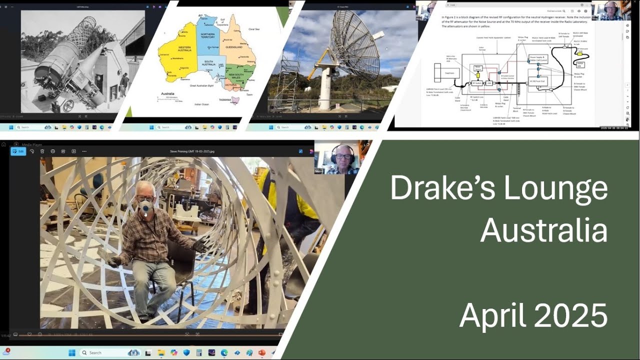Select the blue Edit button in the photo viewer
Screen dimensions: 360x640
click(x=18, y=151)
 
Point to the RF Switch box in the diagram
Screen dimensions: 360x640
click(x=476, y=82)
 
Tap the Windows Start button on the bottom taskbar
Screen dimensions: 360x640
click(x=72, y=352)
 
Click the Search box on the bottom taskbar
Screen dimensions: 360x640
click(x=102, y=352)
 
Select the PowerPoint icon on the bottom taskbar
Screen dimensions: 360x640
click(x=261, y=352)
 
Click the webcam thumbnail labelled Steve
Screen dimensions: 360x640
click(x=336, y=157)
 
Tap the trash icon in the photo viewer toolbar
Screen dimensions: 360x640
click(x=42, y=151)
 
